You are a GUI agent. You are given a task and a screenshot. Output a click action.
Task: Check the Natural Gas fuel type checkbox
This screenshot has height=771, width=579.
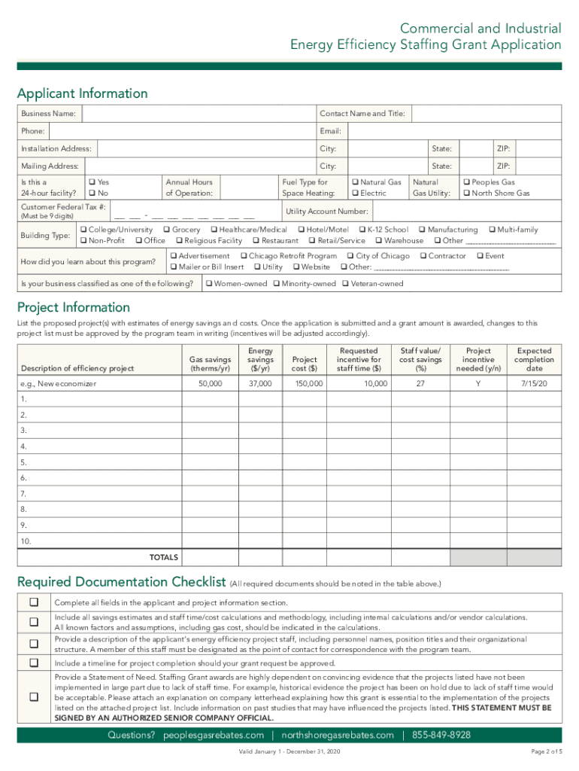click(x=355, y=182)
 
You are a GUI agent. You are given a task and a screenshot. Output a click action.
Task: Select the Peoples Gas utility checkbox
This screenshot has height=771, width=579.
click(x=466, y=182)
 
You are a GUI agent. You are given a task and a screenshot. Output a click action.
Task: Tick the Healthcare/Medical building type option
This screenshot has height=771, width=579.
click(x=214, y=230)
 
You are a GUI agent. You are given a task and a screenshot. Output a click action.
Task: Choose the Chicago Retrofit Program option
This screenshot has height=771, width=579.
click(x=244, y=256)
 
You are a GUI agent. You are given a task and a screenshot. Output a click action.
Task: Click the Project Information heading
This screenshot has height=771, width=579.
click(x=74, y=307)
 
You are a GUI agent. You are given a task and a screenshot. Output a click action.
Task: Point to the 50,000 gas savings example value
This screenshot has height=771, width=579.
click(x=210, y=384)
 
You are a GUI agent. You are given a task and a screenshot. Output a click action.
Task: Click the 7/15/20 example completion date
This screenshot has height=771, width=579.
click(x=534, y=384)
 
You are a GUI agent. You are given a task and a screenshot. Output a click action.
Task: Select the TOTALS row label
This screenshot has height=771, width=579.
click(x=164, y=557)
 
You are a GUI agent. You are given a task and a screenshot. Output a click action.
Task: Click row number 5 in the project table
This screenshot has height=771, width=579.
click(x=24, y=462)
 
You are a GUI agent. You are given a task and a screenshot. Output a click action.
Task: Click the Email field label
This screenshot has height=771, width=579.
click(x=331, y=131)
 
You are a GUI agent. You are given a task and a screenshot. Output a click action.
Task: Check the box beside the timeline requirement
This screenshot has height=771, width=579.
click(x=34, y=663)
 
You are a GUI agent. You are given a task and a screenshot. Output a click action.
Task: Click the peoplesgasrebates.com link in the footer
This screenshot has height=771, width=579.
click(x=214, y=735)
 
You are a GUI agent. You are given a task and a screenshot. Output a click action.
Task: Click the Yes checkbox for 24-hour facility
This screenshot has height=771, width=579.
click(x=92, y=182)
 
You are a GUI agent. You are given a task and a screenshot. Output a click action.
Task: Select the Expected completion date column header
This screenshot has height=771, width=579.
click(x=534, y=359)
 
